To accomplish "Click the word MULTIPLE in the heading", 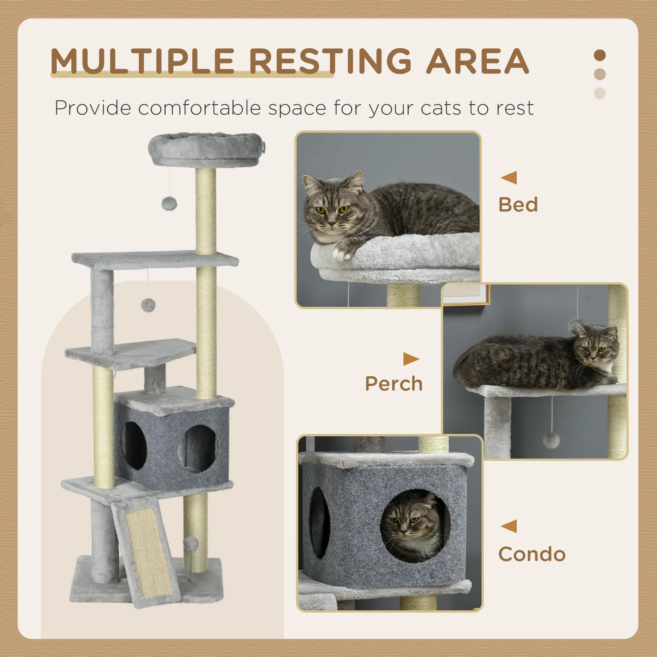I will (142, 61).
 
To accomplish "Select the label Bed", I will (518, 205).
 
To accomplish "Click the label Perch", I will (394, 384).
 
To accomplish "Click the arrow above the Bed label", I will (509, 177).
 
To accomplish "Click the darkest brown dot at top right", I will (600, 56).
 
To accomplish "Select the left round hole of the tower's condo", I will (134, 445).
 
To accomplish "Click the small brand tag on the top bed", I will (263, 147).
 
